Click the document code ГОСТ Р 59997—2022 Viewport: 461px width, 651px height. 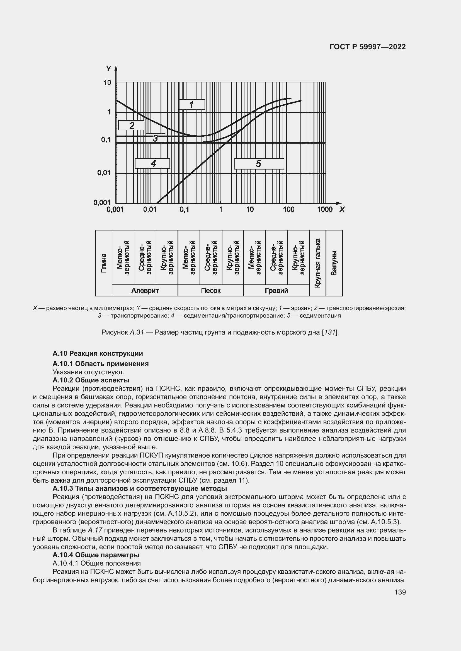click(x=368, y=47)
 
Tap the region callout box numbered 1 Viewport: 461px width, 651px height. click(x=192, y=105)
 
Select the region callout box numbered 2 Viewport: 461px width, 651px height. click(x=132, y=125)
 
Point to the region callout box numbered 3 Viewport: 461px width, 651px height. click(x=155, y=138)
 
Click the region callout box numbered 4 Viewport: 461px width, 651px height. click(x=153, y=163)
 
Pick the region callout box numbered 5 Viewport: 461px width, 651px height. click(x=259, y=164)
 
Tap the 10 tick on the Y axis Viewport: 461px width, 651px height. click(x=107, y=82)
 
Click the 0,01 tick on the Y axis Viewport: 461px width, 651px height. click(x=104, y=172)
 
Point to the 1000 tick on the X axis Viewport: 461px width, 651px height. click(x=325, y=209)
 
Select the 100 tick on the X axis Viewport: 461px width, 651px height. click(x=289, y=209)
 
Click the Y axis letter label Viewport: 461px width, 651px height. click(x=108, y=69)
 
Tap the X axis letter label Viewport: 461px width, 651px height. click(x=342, y=209)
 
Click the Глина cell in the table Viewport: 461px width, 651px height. click(x=104, y=263)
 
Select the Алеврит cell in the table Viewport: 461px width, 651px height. click(x=145, y=290)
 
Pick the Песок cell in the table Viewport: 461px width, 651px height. click(x=211, y=290)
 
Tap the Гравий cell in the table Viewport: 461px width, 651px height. click(x=276, y=290)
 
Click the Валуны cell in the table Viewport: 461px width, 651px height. click(x=334, y=263)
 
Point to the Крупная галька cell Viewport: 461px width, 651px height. click(x=318, y=263)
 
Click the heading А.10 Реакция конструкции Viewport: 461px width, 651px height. click(x=98, y=353)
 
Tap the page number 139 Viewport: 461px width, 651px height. click(x=400, y=592)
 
